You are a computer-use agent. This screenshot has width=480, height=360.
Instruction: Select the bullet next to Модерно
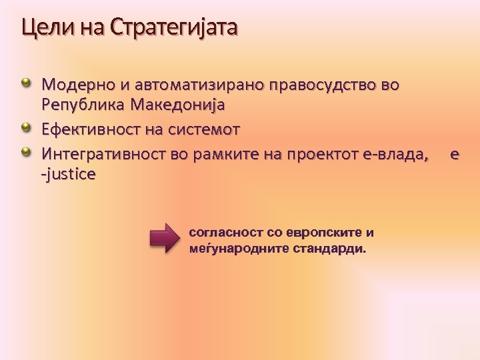point(26,83)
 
